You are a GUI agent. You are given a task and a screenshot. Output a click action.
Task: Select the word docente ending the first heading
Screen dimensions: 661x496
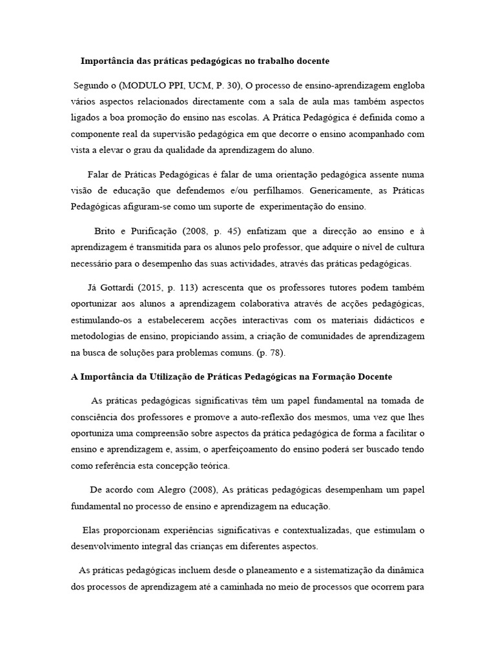click(x=309, y=61)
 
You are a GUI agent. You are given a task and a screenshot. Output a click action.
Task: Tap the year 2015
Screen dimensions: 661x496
click(x=163, y=287)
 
